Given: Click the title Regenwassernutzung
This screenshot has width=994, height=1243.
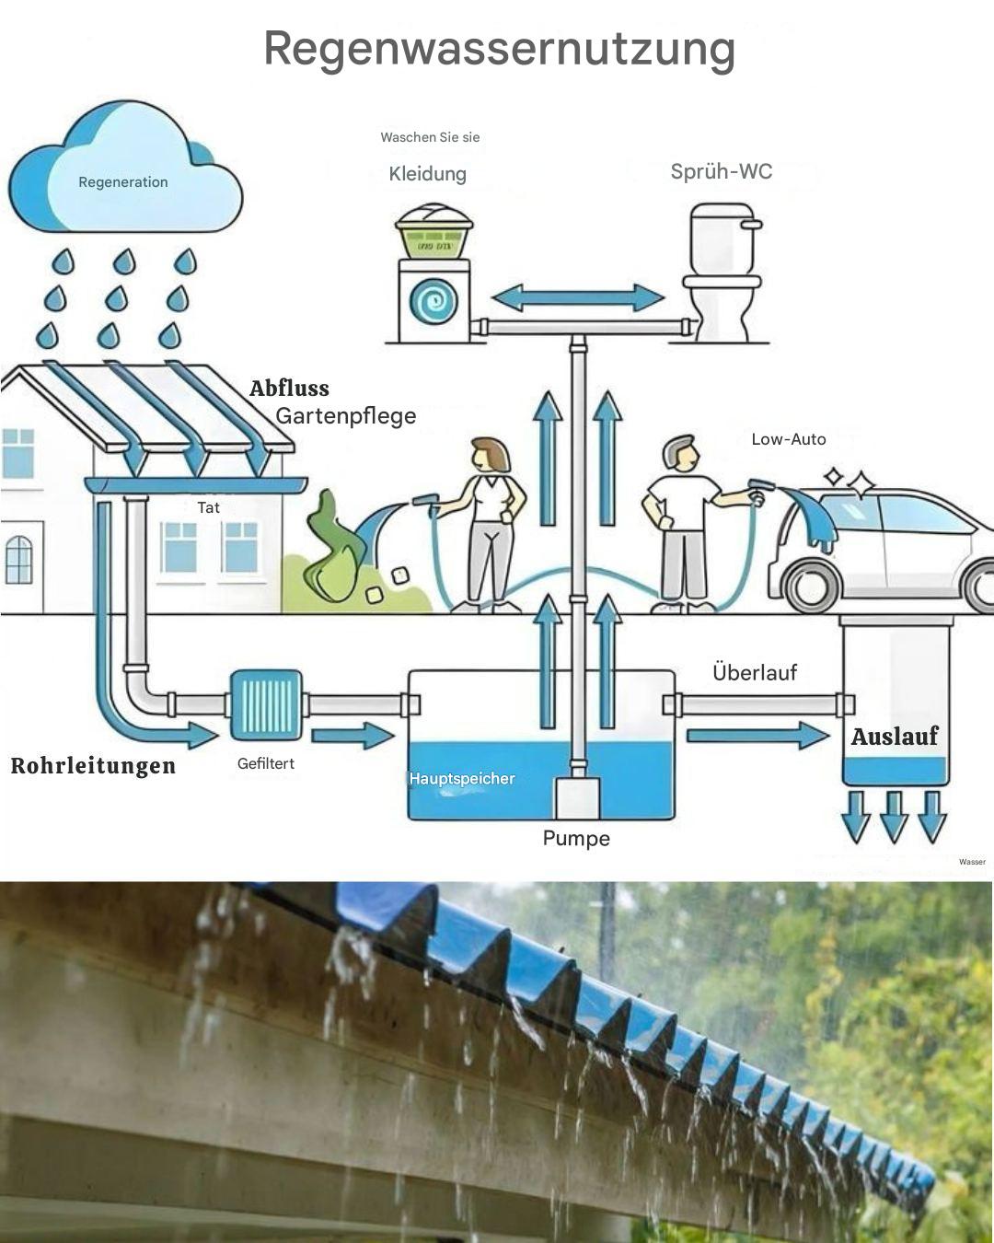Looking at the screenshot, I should [x=499, y=48].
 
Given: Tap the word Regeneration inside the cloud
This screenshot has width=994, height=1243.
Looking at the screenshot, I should [x=123, y=182].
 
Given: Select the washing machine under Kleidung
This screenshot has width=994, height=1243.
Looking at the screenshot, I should [x=433, y=301].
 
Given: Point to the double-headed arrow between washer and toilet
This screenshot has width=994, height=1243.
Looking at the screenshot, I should [x=577, y=298].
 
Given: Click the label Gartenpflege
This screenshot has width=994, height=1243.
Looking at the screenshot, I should [x=346, y=416].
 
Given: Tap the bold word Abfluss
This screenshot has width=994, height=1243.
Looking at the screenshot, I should [x=289, y=389].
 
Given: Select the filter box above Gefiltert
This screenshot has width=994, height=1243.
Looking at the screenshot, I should [x=266, y=705].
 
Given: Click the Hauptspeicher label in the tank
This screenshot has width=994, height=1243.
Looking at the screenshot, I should [x=462, y=779].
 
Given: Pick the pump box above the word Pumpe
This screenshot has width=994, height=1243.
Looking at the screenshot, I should [x=577, y=797].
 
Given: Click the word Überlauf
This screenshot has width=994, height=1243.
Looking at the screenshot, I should [x=755, y=673].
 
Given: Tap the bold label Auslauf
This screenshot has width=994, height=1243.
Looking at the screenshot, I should [x=894, y=737].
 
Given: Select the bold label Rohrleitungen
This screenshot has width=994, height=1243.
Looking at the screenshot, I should [x=93, y=766].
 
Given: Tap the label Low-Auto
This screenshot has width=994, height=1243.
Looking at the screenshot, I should [x=789, y=439].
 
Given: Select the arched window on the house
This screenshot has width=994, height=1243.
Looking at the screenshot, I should [x=18, y=559].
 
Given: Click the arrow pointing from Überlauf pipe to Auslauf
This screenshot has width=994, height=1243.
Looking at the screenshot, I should [x=757, y=735].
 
